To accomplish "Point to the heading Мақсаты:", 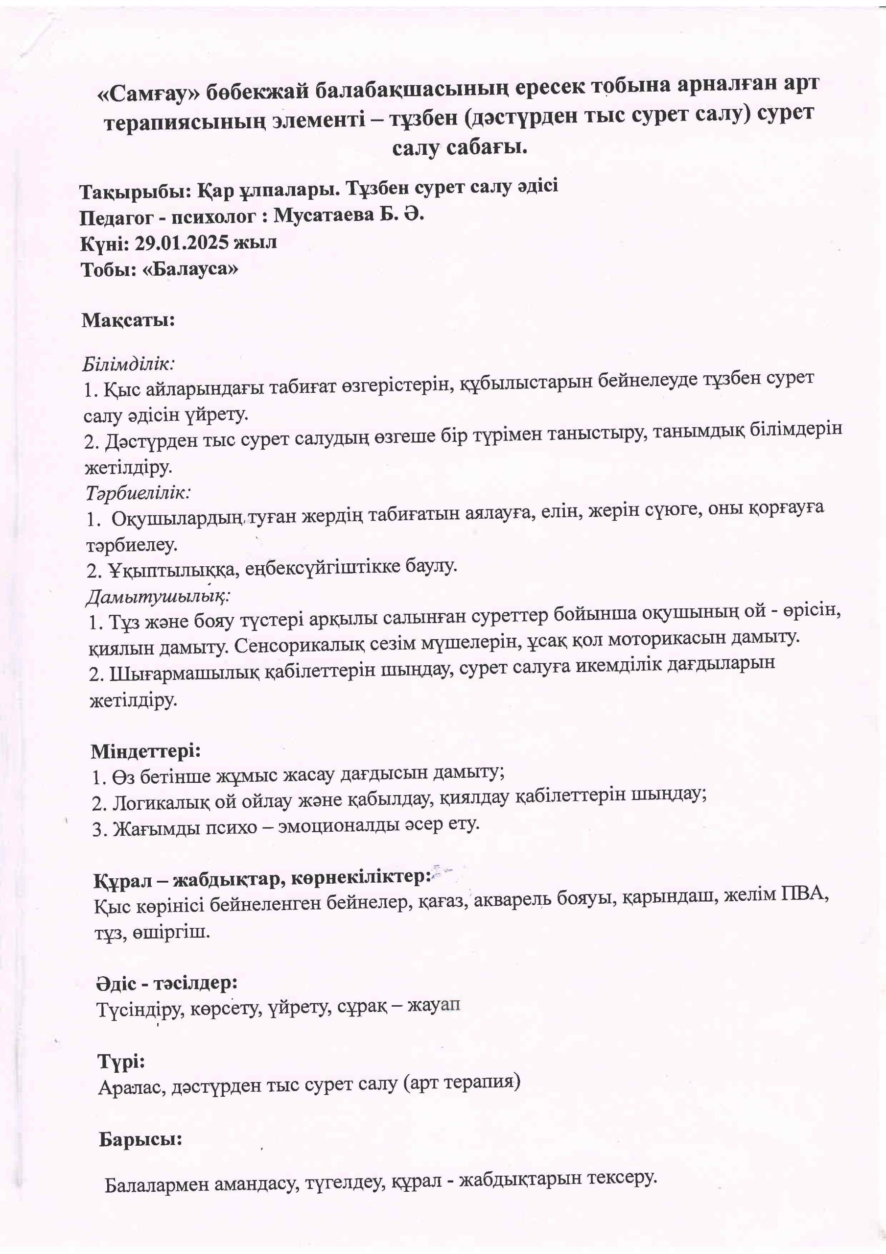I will (128, 320).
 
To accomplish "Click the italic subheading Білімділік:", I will (129, 363).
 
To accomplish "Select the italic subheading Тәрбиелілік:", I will (138, 493).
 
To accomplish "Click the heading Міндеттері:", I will (146, 751).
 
